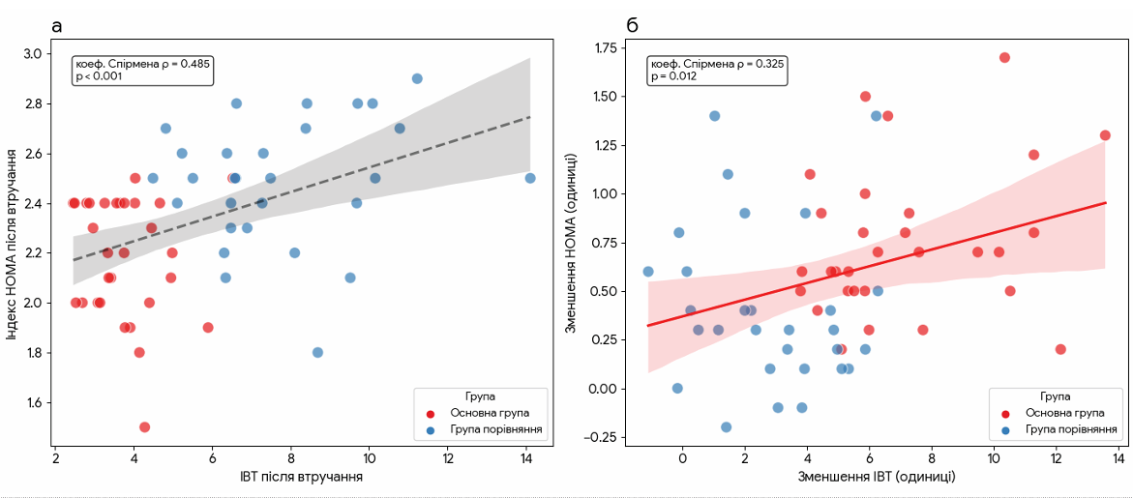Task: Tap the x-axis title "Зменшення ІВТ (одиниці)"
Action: pyautogui.click(x=877, y=477)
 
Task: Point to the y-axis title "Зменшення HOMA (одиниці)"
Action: pyautogui.click(x=572, y=242)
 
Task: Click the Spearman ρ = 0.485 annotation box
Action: pyautogui.click(x=142, y=70)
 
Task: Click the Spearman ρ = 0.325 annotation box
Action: pyautogui.click(x=717, y=70)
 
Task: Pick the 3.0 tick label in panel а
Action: pyautogui.click(x=31, y=54)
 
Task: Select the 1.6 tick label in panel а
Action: pyautogui.click(x=31, y=403)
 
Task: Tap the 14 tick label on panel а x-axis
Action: pyautogui.click(x=526, y=459)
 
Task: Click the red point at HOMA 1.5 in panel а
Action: pyautogui.click(x=144, y=426)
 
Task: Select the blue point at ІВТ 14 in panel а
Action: pyautogui.click(x=529, y=178)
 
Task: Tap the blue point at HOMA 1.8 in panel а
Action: pyautogui.click(x=317, y=353)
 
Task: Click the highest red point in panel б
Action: pyautogui.click(x=1004, y=57)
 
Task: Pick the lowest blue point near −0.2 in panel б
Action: pyautogui.click(x=726, y=426)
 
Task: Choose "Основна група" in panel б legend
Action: pyautogui.click(x=1068, y=413)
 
